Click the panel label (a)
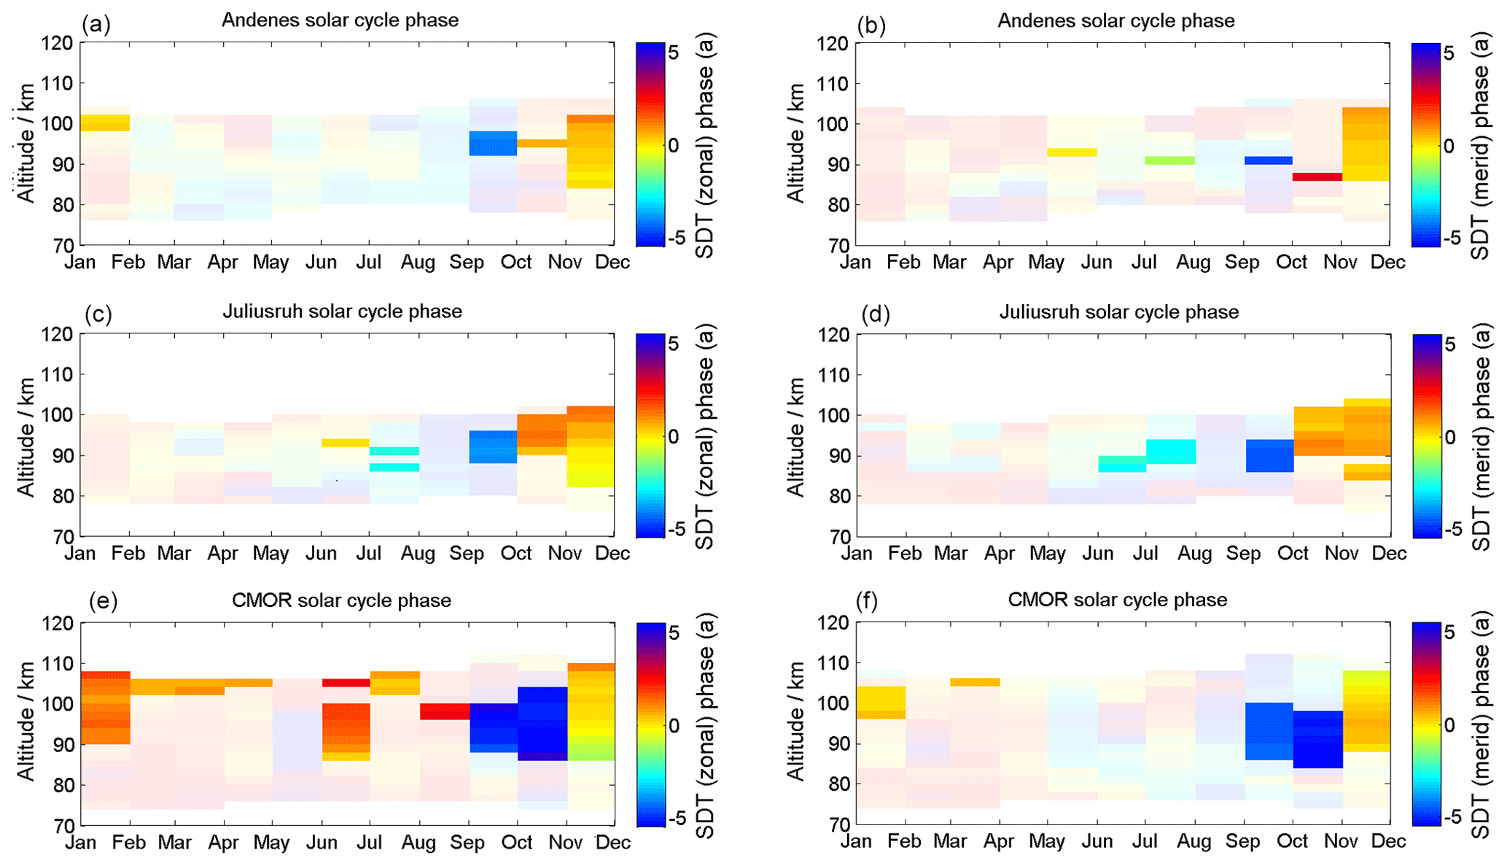[96, 24]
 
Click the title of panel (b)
[1115, 20]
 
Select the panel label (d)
[875, 314]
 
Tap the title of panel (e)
[341, 600]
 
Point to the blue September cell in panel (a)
[493, 143]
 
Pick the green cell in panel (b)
[1169, 161]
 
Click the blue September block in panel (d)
[1269, 455]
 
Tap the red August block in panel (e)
[444, 711]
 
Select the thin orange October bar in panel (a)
[541, 144]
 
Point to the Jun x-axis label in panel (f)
[1097, 841]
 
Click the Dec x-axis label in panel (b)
[1388, 262]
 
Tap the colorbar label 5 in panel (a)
[672, 53]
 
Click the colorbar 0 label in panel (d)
[1450, 436]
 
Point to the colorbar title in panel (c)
[705, 436]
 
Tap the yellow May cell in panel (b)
[1072, 152]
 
